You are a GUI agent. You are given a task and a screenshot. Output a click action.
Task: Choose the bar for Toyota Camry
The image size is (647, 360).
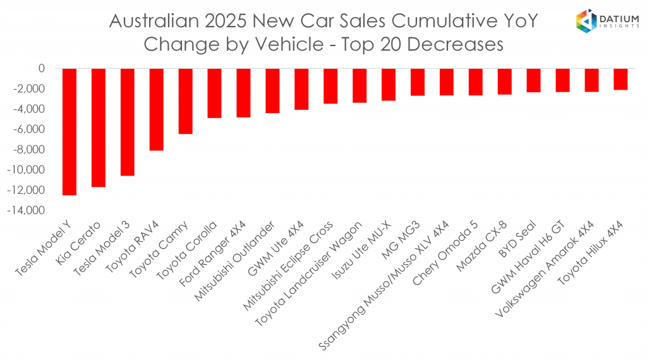(186, 101)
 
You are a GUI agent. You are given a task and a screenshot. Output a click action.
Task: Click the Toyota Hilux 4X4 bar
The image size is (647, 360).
(620, 79)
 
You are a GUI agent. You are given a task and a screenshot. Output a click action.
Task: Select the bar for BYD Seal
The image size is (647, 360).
(533, 80)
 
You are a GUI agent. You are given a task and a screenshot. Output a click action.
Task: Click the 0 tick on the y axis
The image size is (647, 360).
(42, 68)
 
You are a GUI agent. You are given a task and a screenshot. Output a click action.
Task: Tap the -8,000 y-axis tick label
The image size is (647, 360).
(30, 150)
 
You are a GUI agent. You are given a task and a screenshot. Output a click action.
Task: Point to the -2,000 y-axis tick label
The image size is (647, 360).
(30, 88)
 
